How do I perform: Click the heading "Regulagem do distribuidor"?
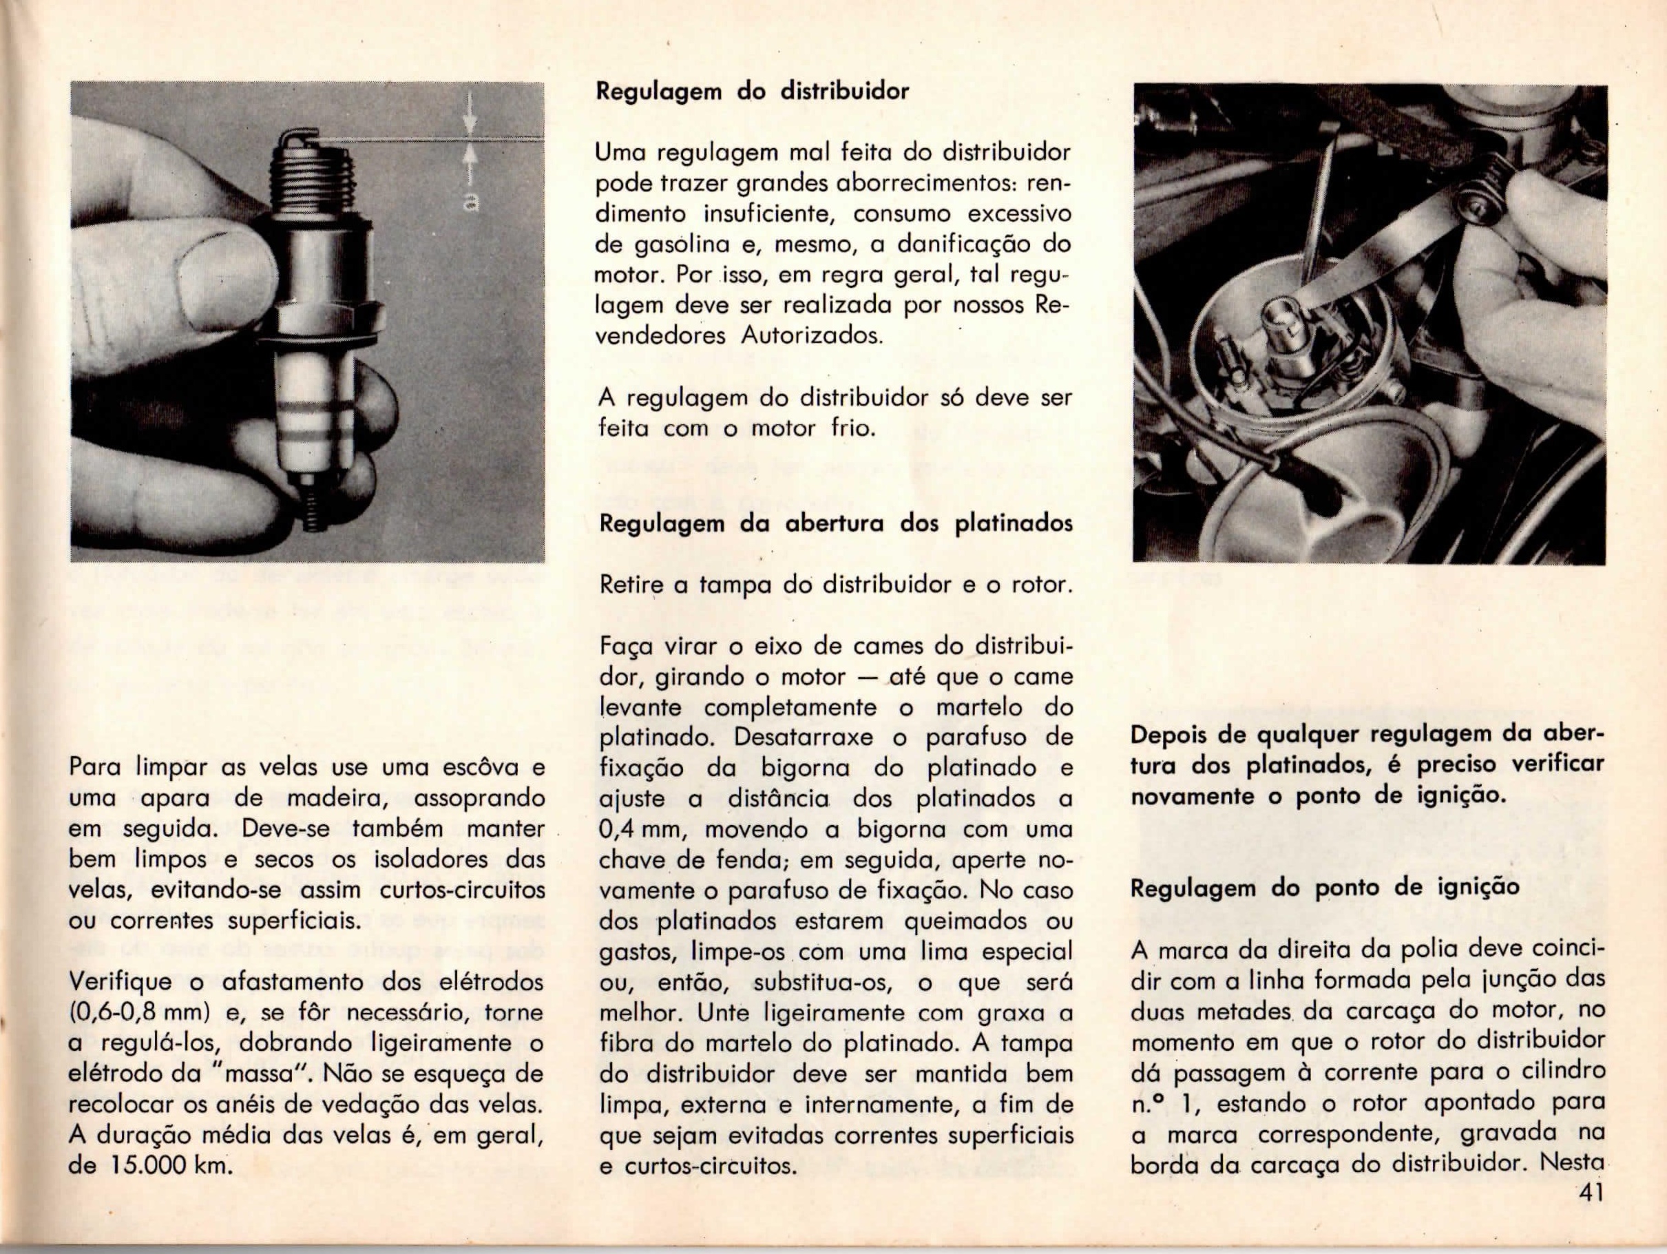[x=752, y=92]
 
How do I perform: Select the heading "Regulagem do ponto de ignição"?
[x=1325, y=888]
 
